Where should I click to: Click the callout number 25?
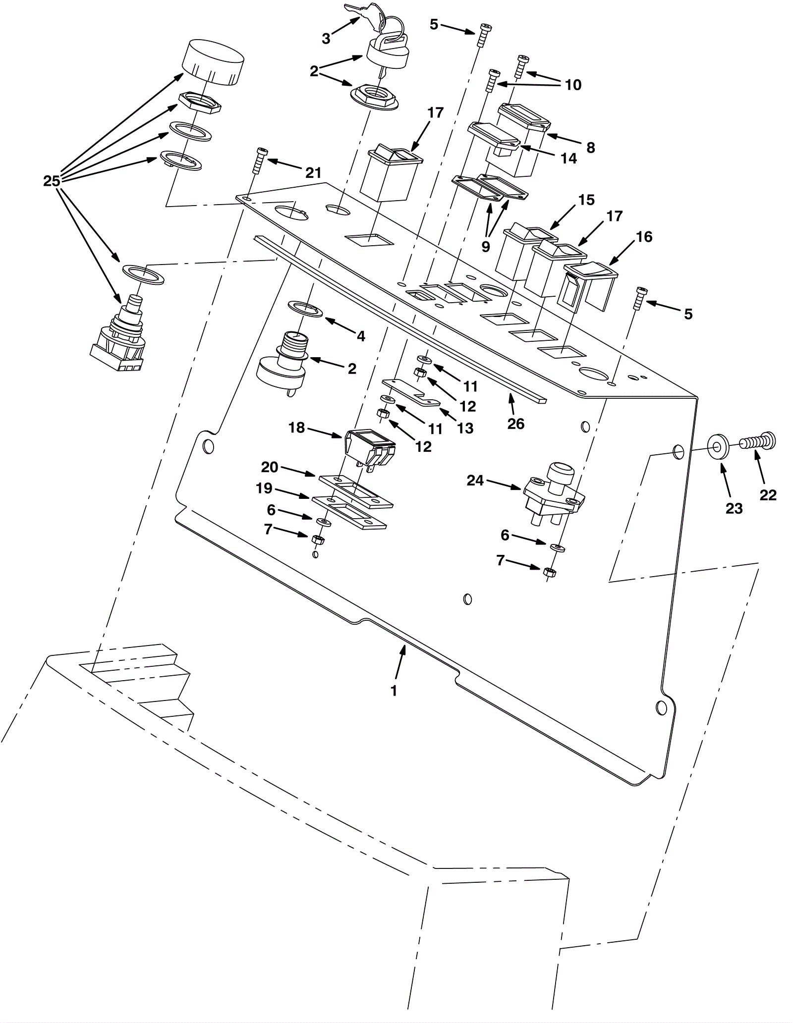point(52,181)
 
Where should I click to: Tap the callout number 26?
point(515,424)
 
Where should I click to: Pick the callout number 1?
point(394,691)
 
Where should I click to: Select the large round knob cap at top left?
point(213,63)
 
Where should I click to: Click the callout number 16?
point(644,237)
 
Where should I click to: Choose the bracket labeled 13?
point(411,391)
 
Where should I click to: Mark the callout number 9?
point(486,246)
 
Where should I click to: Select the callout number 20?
point(270,467)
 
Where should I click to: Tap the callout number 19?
point(264,488)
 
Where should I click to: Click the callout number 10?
point(573,85)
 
